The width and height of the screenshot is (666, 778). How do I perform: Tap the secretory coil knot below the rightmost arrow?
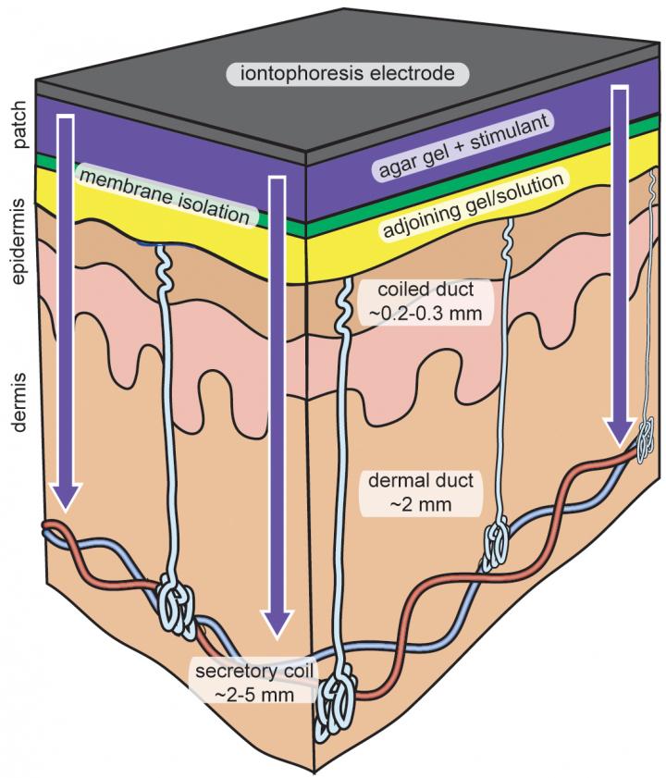pos(648,443)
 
